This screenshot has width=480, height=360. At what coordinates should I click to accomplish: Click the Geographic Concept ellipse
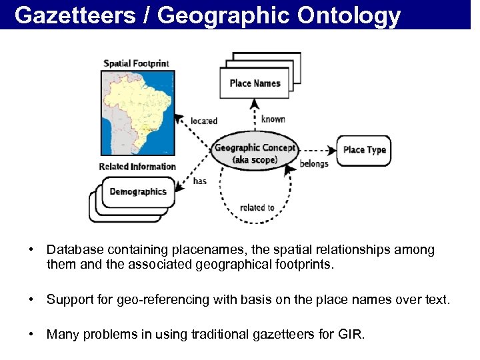click(x=254, y=153)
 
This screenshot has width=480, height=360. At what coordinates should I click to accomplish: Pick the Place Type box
click(x=364, y=150)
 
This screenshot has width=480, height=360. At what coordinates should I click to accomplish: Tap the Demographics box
click(x=137, y=192)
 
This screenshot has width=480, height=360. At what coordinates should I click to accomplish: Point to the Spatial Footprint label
click(x=136, y=64)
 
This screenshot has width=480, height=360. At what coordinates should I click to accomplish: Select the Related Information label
click(x=137, y=167)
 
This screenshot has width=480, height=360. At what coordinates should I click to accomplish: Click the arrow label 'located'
click(x=204, y=121)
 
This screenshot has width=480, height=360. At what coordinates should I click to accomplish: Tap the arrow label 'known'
click(x=273, y=119)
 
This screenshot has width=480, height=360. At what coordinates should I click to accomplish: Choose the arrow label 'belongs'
click(x=314, y=164)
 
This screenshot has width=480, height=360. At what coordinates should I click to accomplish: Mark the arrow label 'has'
click(x=199, y=181)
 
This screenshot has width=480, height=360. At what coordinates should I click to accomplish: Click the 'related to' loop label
click(x=257, y=207)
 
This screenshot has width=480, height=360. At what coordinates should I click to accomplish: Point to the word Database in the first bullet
click(x=73, y=250)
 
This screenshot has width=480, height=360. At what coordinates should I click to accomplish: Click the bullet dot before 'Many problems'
click(x=31, y=334)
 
